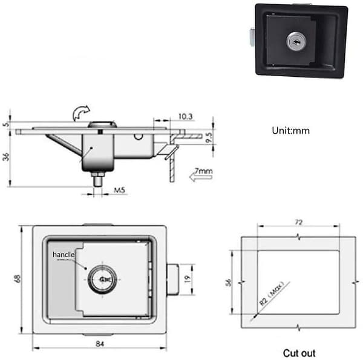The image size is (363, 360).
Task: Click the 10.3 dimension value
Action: coord(186,116)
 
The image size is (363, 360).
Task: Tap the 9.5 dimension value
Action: coord(209,137)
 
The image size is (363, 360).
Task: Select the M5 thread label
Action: coord(119,190)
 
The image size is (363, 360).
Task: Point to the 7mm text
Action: coord(203,171)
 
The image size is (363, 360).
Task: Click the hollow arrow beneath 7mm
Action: coord(200,177)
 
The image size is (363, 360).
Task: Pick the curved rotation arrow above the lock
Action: coord(81,113)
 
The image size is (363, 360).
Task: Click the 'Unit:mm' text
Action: coord(290,131)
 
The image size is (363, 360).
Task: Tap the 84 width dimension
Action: coord(100,344)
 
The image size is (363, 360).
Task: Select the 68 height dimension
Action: coord(18,278)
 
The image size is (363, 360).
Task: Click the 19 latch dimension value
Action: coord(188,278)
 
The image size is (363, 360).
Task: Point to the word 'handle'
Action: coord(64,255)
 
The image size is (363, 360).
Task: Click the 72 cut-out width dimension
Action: coord(298,223)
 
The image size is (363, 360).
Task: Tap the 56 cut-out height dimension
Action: coord(228,283)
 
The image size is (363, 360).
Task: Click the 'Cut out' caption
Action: coord(299,353)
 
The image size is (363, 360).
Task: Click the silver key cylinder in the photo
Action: coord(296,42)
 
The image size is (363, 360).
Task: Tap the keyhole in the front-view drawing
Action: coord(103,280)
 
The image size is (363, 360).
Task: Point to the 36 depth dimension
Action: coord(6,157)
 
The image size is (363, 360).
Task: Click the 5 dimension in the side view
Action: coord(6,124)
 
